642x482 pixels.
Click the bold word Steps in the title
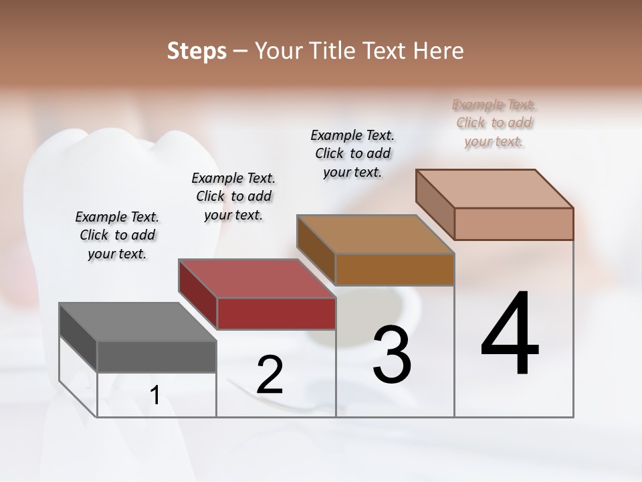197,51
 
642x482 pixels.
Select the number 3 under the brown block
392,355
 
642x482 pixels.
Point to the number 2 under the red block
270,375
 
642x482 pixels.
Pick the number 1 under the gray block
155,396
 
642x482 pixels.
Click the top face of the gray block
137,322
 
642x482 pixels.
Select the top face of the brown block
375,234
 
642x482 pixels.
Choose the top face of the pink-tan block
495,189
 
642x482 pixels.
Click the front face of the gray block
156,357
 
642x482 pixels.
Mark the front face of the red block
276,313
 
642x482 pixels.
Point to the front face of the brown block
395,269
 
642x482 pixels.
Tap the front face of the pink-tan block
514,224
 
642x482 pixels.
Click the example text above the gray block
117,235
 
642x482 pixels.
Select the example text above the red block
233,196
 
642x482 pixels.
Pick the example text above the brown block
352,153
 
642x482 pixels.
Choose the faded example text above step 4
494,123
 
